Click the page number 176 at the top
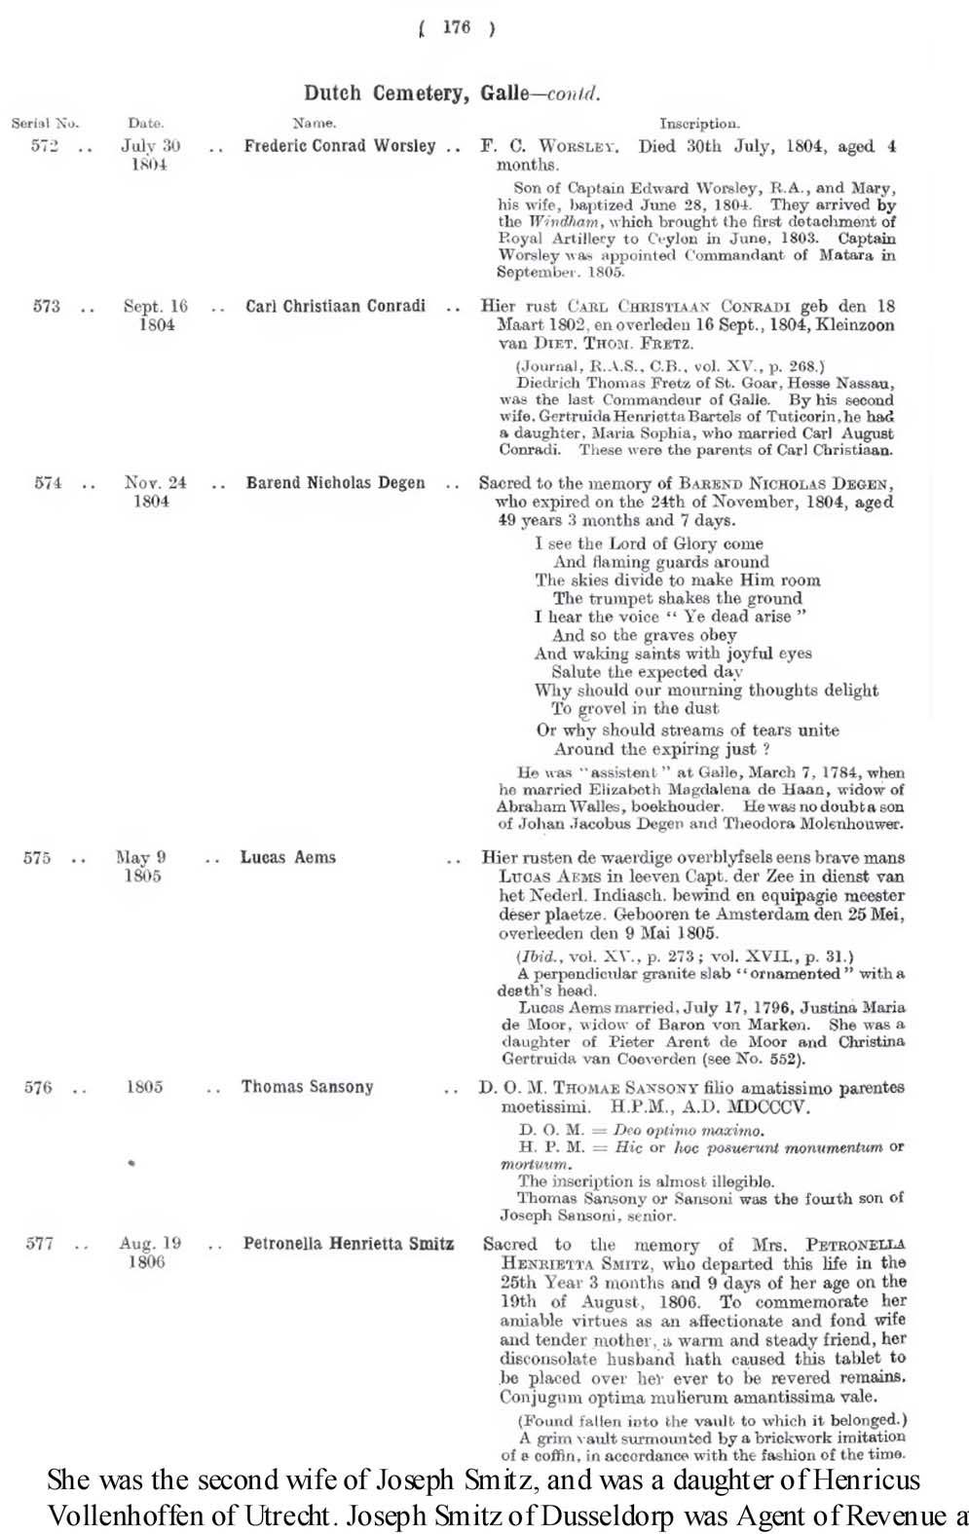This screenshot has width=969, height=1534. [x=455, y=28]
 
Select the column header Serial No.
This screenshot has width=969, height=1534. [x=45, y=124]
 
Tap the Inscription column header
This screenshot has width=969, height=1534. [x=699, y=124]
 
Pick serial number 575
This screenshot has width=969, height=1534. [x=37, y=859]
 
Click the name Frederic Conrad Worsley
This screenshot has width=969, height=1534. [x=339, y=146]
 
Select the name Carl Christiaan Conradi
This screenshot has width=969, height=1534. [x=335, y=306]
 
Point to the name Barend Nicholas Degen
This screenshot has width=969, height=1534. [x=335, y=483]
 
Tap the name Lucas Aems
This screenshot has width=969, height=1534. [x=288, y=858]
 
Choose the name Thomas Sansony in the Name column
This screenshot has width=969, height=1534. [x=307, y=1087]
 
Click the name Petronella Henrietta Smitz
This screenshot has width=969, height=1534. [x=348, y=1244]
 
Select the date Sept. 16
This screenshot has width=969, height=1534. [x=156, y=306]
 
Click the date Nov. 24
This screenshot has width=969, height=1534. [x=155, y=482]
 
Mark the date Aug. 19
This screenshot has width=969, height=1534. [x=150, y=1244]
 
